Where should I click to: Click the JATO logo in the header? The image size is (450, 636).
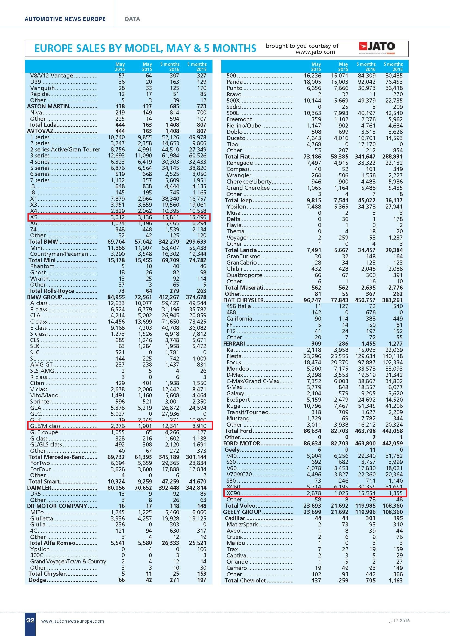(x=377, y=48)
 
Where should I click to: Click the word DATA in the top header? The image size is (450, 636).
(x=132, y=19)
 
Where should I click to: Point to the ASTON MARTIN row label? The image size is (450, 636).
(x=48, y=106)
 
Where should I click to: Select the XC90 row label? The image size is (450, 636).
(x=233, y=493)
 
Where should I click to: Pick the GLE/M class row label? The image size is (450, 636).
(x=45, y=426)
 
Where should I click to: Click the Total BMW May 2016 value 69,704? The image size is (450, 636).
(x=116, y=242)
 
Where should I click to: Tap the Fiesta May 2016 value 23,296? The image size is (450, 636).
(x=312, y=356)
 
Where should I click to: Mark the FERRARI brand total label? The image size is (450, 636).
(x=234, y=344)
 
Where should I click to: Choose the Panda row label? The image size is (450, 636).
(x=235, y=82)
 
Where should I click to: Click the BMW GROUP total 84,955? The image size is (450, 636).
(x=116, y=297)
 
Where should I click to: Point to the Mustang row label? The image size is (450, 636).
(x=238, y=418)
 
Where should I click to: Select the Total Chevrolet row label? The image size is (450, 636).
(x=245, y=580)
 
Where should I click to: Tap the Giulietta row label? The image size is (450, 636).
(x=42, y=518)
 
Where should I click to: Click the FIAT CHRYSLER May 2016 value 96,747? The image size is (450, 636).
(x=312, y=300)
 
